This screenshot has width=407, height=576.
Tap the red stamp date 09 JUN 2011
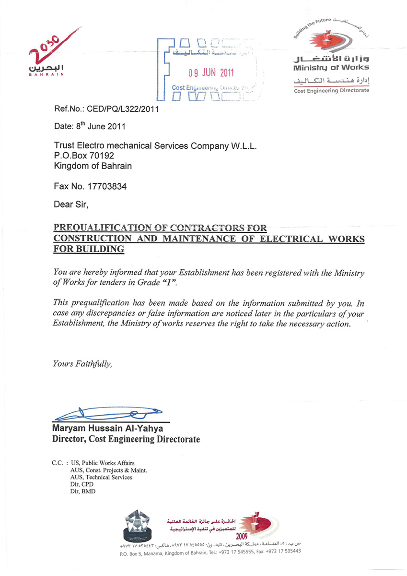coord(210,73)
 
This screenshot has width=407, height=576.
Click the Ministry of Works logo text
coord(331,67)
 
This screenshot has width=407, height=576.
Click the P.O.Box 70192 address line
coord(84,156)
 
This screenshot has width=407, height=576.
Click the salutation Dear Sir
coord(71,204)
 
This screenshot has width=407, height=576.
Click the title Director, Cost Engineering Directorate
coord(126,439)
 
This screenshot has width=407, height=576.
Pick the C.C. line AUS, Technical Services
coord(101,477)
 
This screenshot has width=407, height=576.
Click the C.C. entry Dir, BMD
coord(82,491)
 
